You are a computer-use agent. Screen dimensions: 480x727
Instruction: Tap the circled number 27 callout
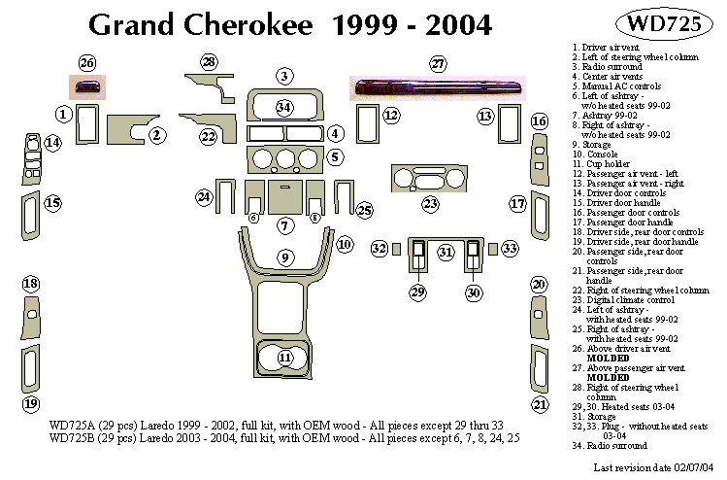(438, 64)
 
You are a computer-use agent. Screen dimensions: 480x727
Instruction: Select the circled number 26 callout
(87, 64)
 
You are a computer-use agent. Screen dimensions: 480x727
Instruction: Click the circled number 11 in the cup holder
(284, 358)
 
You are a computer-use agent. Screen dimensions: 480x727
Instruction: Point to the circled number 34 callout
(283, 106)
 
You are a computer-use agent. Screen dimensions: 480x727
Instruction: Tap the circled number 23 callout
(430, 204)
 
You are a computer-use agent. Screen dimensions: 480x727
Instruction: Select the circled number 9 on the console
(284, 257)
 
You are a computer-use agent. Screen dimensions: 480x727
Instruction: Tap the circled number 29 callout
(417, 291)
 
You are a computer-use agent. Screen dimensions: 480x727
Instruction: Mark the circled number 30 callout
(474, 291)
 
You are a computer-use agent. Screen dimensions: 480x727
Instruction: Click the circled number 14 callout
(52, 143)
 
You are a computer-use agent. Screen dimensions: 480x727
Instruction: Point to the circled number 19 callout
(31, 403)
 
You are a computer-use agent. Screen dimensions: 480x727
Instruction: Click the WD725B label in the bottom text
(71, 438)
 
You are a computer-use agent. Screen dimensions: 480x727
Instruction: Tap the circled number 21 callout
(539, 403)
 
